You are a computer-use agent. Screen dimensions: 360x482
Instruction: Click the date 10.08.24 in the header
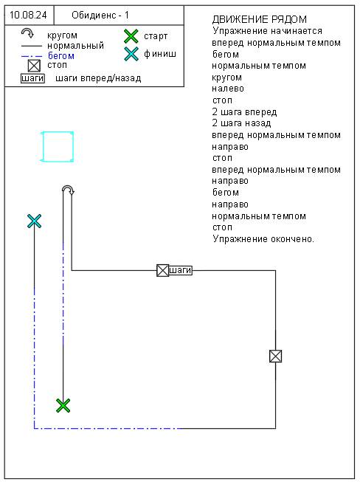coord(28,15)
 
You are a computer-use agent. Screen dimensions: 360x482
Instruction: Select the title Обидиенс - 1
coord(100,15)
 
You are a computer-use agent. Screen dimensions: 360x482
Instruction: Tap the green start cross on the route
coord(63,405)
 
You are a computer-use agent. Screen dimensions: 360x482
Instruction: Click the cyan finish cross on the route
coord(34,221)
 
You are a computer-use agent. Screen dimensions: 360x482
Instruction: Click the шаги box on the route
coord(181,270)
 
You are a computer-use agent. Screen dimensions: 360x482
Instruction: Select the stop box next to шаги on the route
coord(163,270)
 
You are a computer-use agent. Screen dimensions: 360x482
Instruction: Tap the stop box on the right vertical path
coord(275,357)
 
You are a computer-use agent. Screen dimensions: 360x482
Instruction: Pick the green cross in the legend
coord(131,36)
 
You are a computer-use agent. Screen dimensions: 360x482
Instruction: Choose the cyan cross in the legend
coord(131,54)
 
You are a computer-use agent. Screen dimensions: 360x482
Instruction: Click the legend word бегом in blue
coord(60,56)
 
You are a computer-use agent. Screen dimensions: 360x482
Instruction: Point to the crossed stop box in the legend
coord(34,66)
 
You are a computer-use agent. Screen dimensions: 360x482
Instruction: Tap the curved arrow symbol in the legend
coord(27,32)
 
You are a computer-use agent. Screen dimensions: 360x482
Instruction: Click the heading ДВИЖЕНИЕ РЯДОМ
coord(259,19)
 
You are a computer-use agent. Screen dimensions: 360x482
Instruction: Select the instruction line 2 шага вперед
coord(244,112)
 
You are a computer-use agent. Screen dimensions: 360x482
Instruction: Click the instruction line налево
coord(228,89)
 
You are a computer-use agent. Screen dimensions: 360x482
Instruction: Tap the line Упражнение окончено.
coord(263,239)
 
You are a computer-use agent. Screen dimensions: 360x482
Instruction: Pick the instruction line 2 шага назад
coord(241,123)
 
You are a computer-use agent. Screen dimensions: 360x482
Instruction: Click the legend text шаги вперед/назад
coord(98,78)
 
